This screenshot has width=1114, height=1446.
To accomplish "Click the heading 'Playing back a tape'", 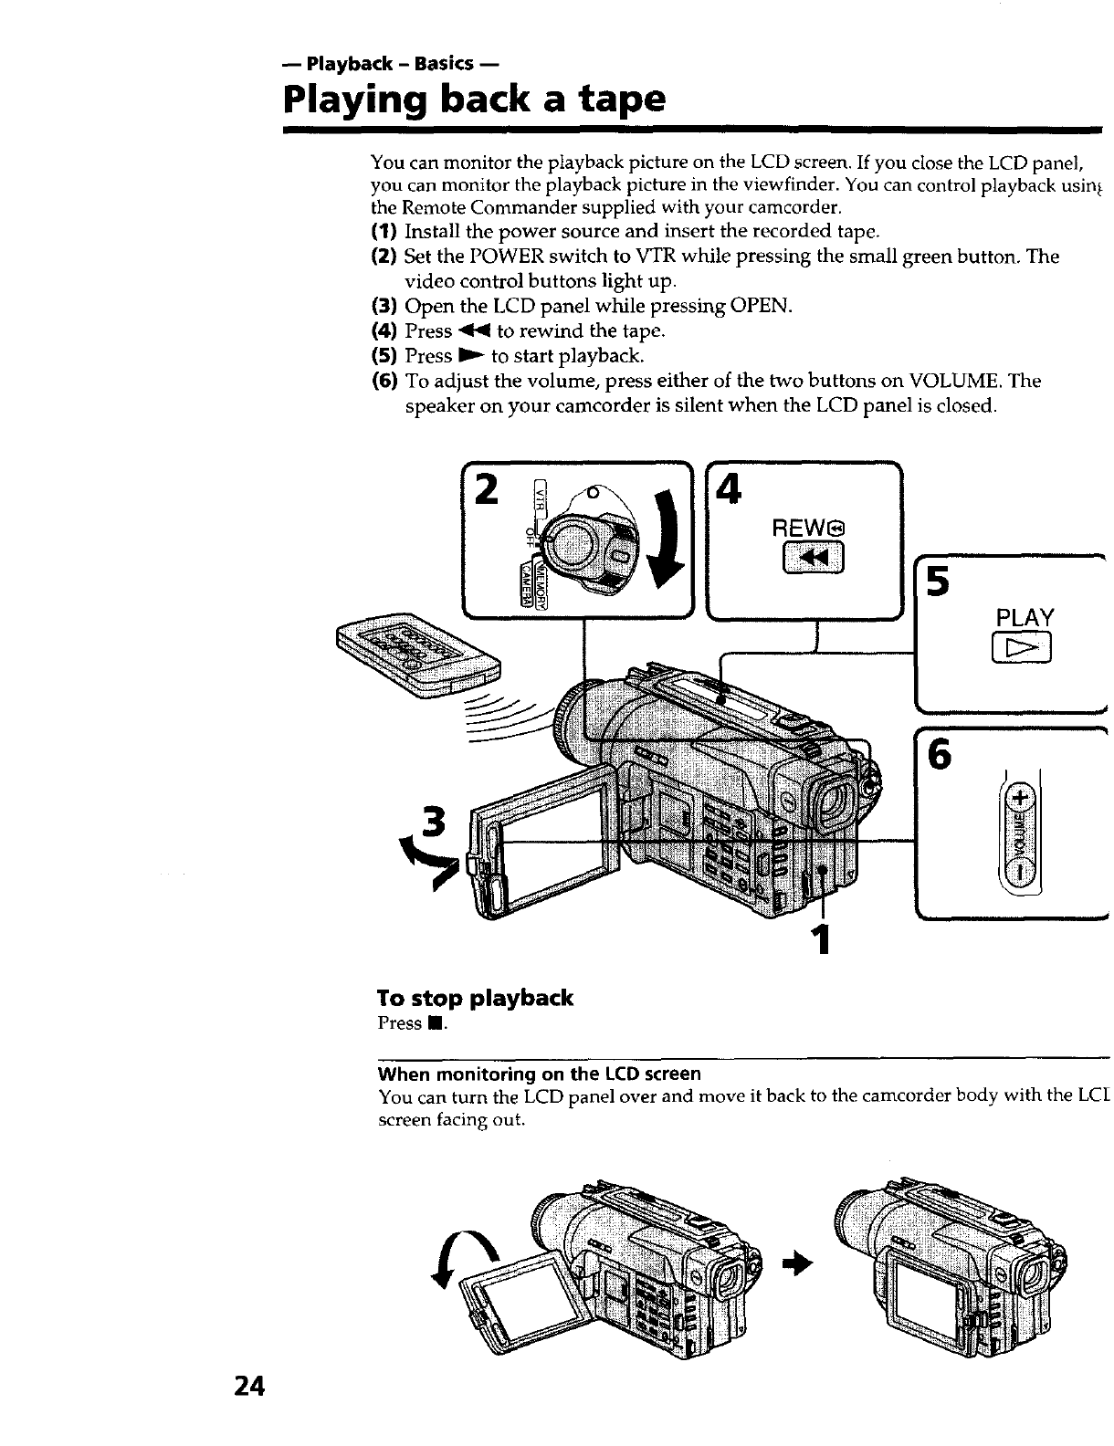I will point(474,98).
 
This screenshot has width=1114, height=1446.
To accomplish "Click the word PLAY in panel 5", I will point(1025,618).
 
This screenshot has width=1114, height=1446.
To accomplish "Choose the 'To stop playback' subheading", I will point(475,998).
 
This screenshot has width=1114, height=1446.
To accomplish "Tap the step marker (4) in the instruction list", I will point(384,330).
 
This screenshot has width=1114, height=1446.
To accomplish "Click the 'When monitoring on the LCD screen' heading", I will point(539,1074).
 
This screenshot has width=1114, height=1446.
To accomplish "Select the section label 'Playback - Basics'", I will point(391,63).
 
